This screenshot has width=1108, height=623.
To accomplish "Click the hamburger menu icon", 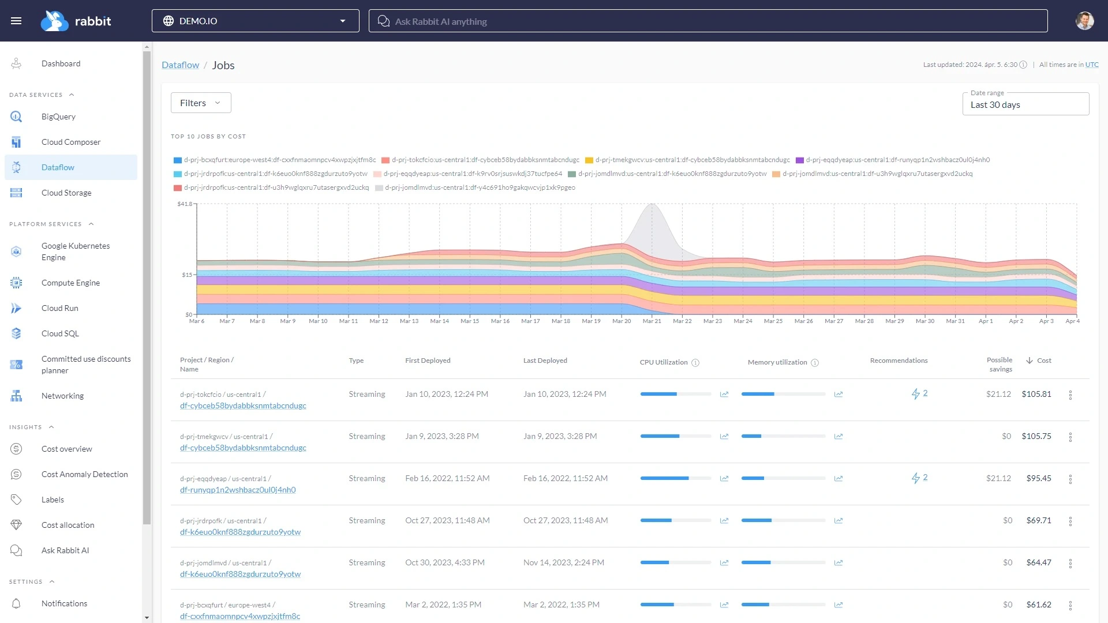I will click(16, 21).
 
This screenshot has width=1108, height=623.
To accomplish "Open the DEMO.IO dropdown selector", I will click(255, 21).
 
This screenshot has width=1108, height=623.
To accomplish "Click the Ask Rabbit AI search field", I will click(708, 21).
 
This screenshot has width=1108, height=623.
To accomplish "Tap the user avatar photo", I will click(1084, 21).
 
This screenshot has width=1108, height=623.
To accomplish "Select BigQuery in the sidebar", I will click(58, 117).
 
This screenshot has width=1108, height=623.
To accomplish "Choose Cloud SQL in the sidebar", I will click(60, 333).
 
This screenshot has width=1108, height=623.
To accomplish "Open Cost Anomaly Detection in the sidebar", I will click(84, 474).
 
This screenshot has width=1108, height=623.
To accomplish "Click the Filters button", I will click(200, 103).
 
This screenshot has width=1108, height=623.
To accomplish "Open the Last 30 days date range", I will click(1025, 104).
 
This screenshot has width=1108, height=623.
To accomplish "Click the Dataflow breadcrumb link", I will click(180, 65).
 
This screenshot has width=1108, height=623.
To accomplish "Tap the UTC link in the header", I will click(1091, 65).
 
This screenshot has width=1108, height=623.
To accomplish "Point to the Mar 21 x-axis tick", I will click(652, 321).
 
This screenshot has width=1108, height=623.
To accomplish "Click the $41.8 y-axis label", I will click(185, 204).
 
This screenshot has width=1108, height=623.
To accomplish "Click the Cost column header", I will click(1043, 361).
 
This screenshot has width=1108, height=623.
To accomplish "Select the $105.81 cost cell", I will click(1036, 395).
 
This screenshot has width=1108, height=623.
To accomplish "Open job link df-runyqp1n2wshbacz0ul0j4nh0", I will click(238, 490).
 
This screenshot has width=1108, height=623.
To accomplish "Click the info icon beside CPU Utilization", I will click(695, 363).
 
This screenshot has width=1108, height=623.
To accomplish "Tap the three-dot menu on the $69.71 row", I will click(1070, 521).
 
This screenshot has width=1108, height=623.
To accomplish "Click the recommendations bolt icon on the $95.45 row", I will click(916, 478).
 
